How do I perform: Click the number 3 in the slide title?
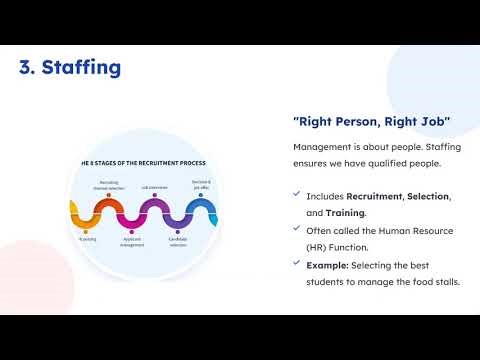[26, 69]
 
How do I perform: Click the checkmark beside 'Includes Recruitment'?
[296, 195]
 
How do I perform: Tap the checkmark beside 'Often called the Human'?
[296, 230]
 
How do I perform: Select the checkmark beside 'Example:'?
[296, 264]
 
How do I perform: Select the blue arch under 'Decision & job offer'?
[201, 211]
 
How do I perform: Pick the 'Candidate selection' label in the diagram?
[178, 243]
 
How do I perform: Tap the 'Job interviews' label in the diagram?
[153, 187]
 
